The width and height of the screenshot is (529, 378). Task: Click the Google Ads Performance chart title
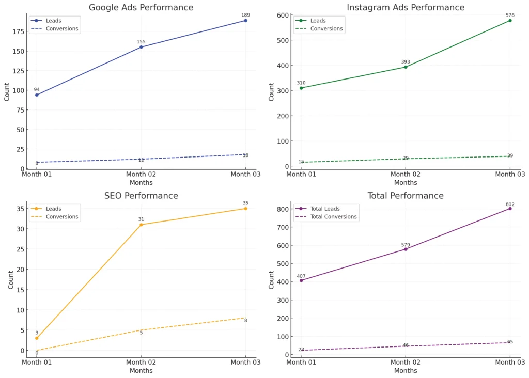pyautogui.click(x=141, y=8)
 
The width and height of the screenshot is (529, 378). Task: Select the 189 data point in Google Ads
pyautogui.click(x=246, y=20)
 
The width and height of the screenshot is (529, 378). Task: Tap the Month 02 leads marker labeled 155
pyautogui.click(x=141, y=47)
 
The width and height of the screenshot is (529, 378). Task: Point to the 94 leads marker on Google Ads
pyautogui.click(x=37, y=94)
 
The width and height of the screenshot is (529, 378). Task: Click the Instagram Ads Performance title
pyautogui.click(x=406, y=8)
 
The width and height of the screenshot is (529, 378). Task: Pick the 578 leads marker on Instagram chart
pyautogui.click(x=510, y=20)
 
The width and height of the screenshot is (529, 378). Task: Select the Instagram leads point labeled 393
pyautogui.click(x=406, y=67)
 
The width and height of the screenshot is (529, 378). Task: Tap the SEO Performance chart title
pyautogui.click(x=141, y=196)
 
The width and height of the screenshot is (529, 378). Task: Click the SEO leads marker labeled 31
pyautogui.click(x=141, y=225)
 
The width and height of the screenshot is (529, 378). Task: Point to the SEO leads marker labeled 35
pyautogui.click(x=246, y=209)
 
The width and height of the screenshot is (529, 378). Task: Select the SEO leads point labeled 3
pyautogui.click(x=37, y=338)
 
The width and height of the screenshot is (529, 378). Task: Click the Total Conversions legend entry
pyautogui.click(x=333, y=217)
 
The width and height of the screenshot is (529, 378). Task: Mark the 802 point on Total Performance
pyautogui.click(x=510, y=208)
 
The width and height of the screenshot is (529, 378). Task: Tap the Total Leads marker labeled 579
pyautogui.click(x=406, y=249)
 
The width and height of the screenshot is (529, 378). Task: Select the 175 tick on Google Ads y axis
pyautogui.click(x=18, y=31)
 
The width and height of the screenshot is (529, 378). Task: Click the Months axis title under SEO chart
pyautogui.click(x=141, y=370)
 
